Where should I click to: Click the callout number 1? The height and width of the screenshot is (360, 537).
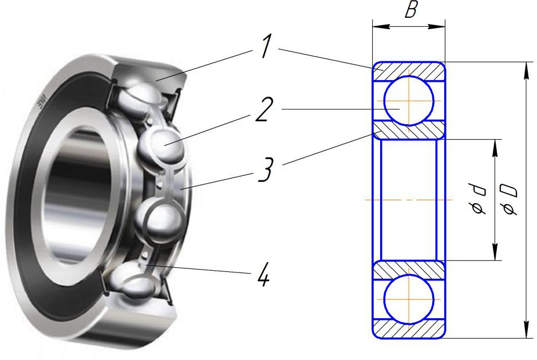click(x=265, y=46)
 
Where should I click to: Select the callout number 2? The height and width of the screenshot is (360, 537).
click(x=264, y=109)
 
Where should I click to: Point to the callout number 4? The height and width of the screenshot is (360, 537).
click(x=263, y=274)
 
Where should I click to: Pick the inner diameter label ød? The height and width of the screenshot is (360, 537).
click(x=477, y=199)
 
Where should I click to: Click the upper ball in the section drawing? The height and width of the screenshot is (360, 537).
click(x=409, y=101)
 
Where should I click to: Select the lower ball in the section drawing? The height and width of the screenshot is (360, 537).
click(x=409, y=299)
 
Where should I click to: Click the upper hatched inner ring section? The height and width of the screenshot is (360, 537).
click(x=409, y=130)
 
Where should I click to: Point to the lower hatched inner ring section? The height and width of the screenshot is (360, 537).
click(x=409, y=270)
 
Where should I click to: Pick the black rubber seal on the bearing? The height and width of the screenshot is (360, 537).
click(x=52, y=192)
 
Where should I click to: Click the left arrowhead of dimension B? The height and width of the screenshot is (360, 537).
click(x=381, y=27)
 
